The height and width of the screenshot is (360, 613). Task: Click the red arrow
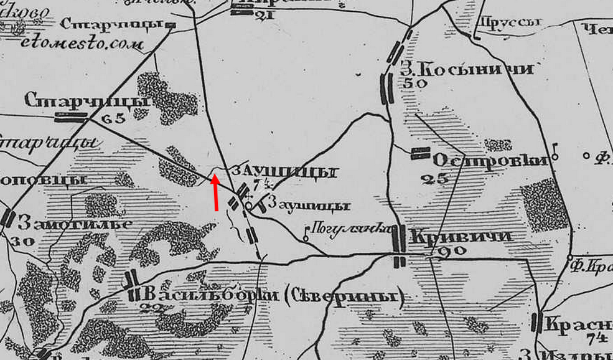215,192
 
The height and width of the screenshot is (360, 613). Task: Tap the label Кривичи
461,237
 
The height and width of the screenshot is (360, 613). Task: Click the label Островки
490,161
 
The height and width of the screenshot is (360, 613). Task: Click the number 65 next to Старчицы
112,118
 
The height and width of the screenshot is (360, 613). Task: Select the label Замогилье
74,222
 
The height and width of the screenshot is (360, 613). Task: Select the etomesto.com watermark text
82,44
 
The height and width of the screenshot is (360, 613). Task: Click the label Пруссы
509,22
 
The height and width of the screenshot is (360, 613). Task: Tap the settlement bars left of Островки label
421,153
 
